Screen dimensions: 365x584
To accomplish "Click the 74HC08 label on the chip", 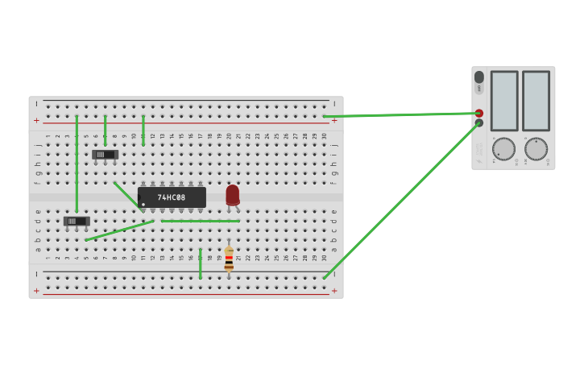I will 172,197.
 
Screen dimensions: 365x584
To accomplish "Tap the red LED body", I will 232,194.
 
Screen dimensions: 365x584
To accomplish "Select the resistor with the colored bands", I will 229,259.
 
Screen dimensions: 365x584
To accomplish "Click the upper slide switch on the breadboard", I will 105,154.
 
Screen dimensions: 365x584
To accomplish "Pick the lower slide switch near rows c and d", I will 77,221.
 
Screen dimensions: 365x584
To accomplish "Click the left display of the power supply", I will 504,101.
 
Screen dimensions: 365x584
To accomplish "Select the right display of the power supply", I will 536,101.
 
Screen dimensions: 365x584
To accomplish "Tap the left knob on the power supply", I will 503,149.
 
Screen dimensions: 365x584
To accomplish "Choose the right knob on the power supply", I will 536,149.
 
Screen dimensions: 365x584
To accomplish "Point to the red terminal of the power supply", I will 479,114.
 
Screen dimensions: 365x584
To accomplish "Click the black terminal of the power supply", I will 479,123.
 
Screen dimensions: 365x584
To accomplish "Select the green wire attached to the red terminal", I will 403,115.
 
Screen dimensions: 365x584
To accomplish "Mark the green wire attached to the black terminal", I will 403,200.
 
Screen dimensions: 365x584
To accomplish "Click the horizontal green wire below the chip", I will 200,221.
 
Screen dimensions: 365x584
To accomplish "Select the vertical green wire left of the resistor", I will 200,263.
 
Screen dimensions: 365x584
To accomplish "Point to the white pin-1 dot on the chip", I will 143,205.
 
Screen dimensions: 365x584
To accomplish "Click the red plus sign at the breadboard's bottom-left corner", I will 36,291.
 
